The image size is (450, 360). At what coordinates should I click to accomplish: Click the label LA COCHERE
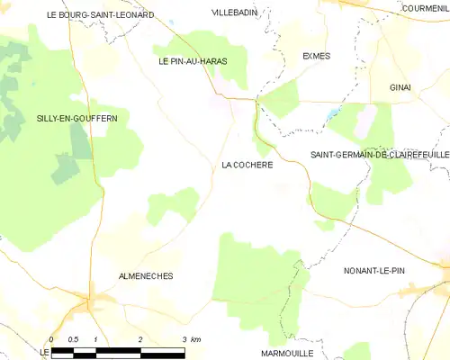tap(247, 166)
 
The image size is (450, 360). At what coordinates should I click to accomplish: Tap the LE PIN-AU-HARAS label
tap(193, 61)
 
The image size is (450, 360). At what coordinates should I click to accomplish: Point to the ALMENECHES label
tap(145, 275)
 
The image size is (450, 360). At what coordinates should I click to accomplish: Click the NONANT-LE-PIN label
tap(380, 269)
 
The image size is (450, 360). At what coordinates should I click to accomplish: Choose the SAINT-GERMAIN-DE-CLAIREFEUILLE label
tap(379, 155)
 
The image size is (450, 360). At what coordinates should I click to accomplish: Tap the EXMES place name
tap(316, 56)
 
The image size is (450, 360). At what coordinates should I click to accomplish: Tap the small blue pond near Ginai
tap(334, 114)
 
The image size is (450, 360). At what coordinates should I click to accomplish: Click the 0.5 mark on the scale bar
tap(74, 339)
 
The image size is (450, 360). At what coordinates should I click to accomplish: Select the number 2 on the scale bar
tap(140, 339)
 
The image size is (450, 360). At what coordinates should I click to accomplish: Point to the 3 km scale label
tap(190, 339)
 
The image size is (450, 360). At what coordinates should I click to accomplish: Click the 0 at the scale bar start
tap(52, 339)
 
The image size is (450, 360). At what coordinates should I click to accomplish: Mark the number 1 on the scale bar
tap(95, 339)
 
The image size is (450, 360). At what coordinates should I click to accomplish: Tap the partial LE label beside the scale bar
tap(43, 351)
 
